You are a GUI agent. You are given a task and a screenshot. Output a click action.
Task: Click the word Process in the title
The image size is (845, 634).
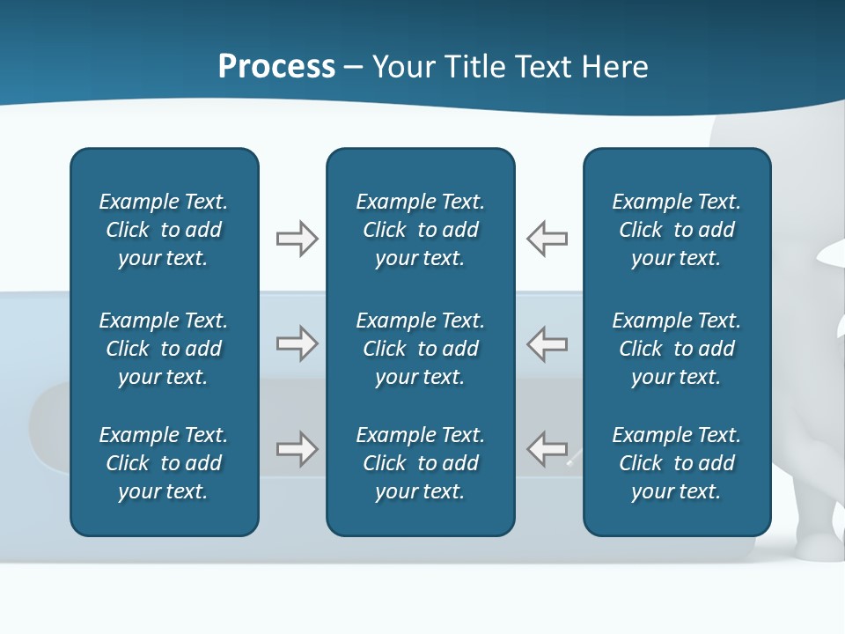click(x=276, y=67)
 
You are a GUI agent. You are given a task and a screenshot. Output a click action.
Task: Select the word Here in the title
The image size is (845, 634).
click(x=614, y=67)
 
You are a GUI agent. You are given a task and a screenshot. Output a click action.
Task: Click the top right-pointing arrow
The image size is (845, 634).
click(x=297, y=239)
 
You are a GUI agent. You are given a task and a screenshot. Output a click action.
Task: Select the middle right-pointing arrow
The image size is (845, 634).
click(x=297, y=343)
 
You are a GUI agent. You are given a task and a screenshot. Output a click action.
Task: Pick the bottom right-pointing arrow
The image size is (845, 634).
click(x=297, y=449)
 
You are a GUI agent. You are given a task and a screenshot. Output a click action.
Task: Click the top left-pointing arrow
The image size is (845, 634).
click(x=547, y=239)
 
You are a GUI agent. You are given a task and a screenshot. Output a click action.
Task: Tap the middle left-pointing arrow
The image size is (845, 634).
click(x=547, y=343)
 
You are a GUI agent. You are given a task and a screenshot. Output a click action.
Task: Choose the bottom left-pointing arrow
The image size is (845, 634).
click(x=547, y=449)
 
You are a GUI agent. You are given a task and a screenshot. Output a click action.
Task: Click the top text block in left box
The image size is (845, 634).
click(x=164, y=230)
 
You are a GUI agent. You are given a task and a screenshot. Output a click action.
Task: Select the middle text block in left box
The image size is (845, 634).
click(x=164, y=349)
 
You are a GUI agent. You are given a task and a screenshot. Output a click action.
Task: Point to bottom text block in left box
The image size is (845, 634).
click(x=164, y=463)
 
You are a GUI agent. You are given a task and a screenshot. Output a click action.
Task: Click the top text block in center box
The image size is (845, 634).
click(x=420, y=230)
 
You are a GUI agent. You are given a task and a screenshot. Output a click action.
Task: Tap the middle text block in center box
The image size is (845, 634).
click(x=420, y=349)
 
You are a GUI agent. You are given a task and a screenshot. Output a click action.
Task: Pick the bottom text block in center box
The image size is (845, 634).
click(x=420, y=463)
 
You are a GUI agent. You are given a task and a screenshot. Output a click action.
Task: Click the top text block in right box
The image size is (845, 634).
click(x=677, y=230)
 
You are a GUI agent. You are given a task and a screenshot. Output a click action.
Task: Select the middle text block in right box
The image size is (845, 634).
click(x=677, y=349)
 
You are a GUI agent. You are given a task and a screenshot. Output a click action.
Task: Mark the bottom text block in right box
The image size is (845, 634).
click(x=677, y=463)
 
